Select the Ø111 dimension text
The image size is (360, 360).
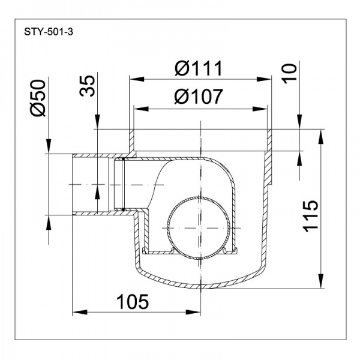[199, 68]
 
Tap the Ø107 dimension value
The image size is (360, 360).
[199, 97]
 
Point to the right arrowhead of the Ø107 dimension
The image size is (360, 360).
[263, 109]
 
